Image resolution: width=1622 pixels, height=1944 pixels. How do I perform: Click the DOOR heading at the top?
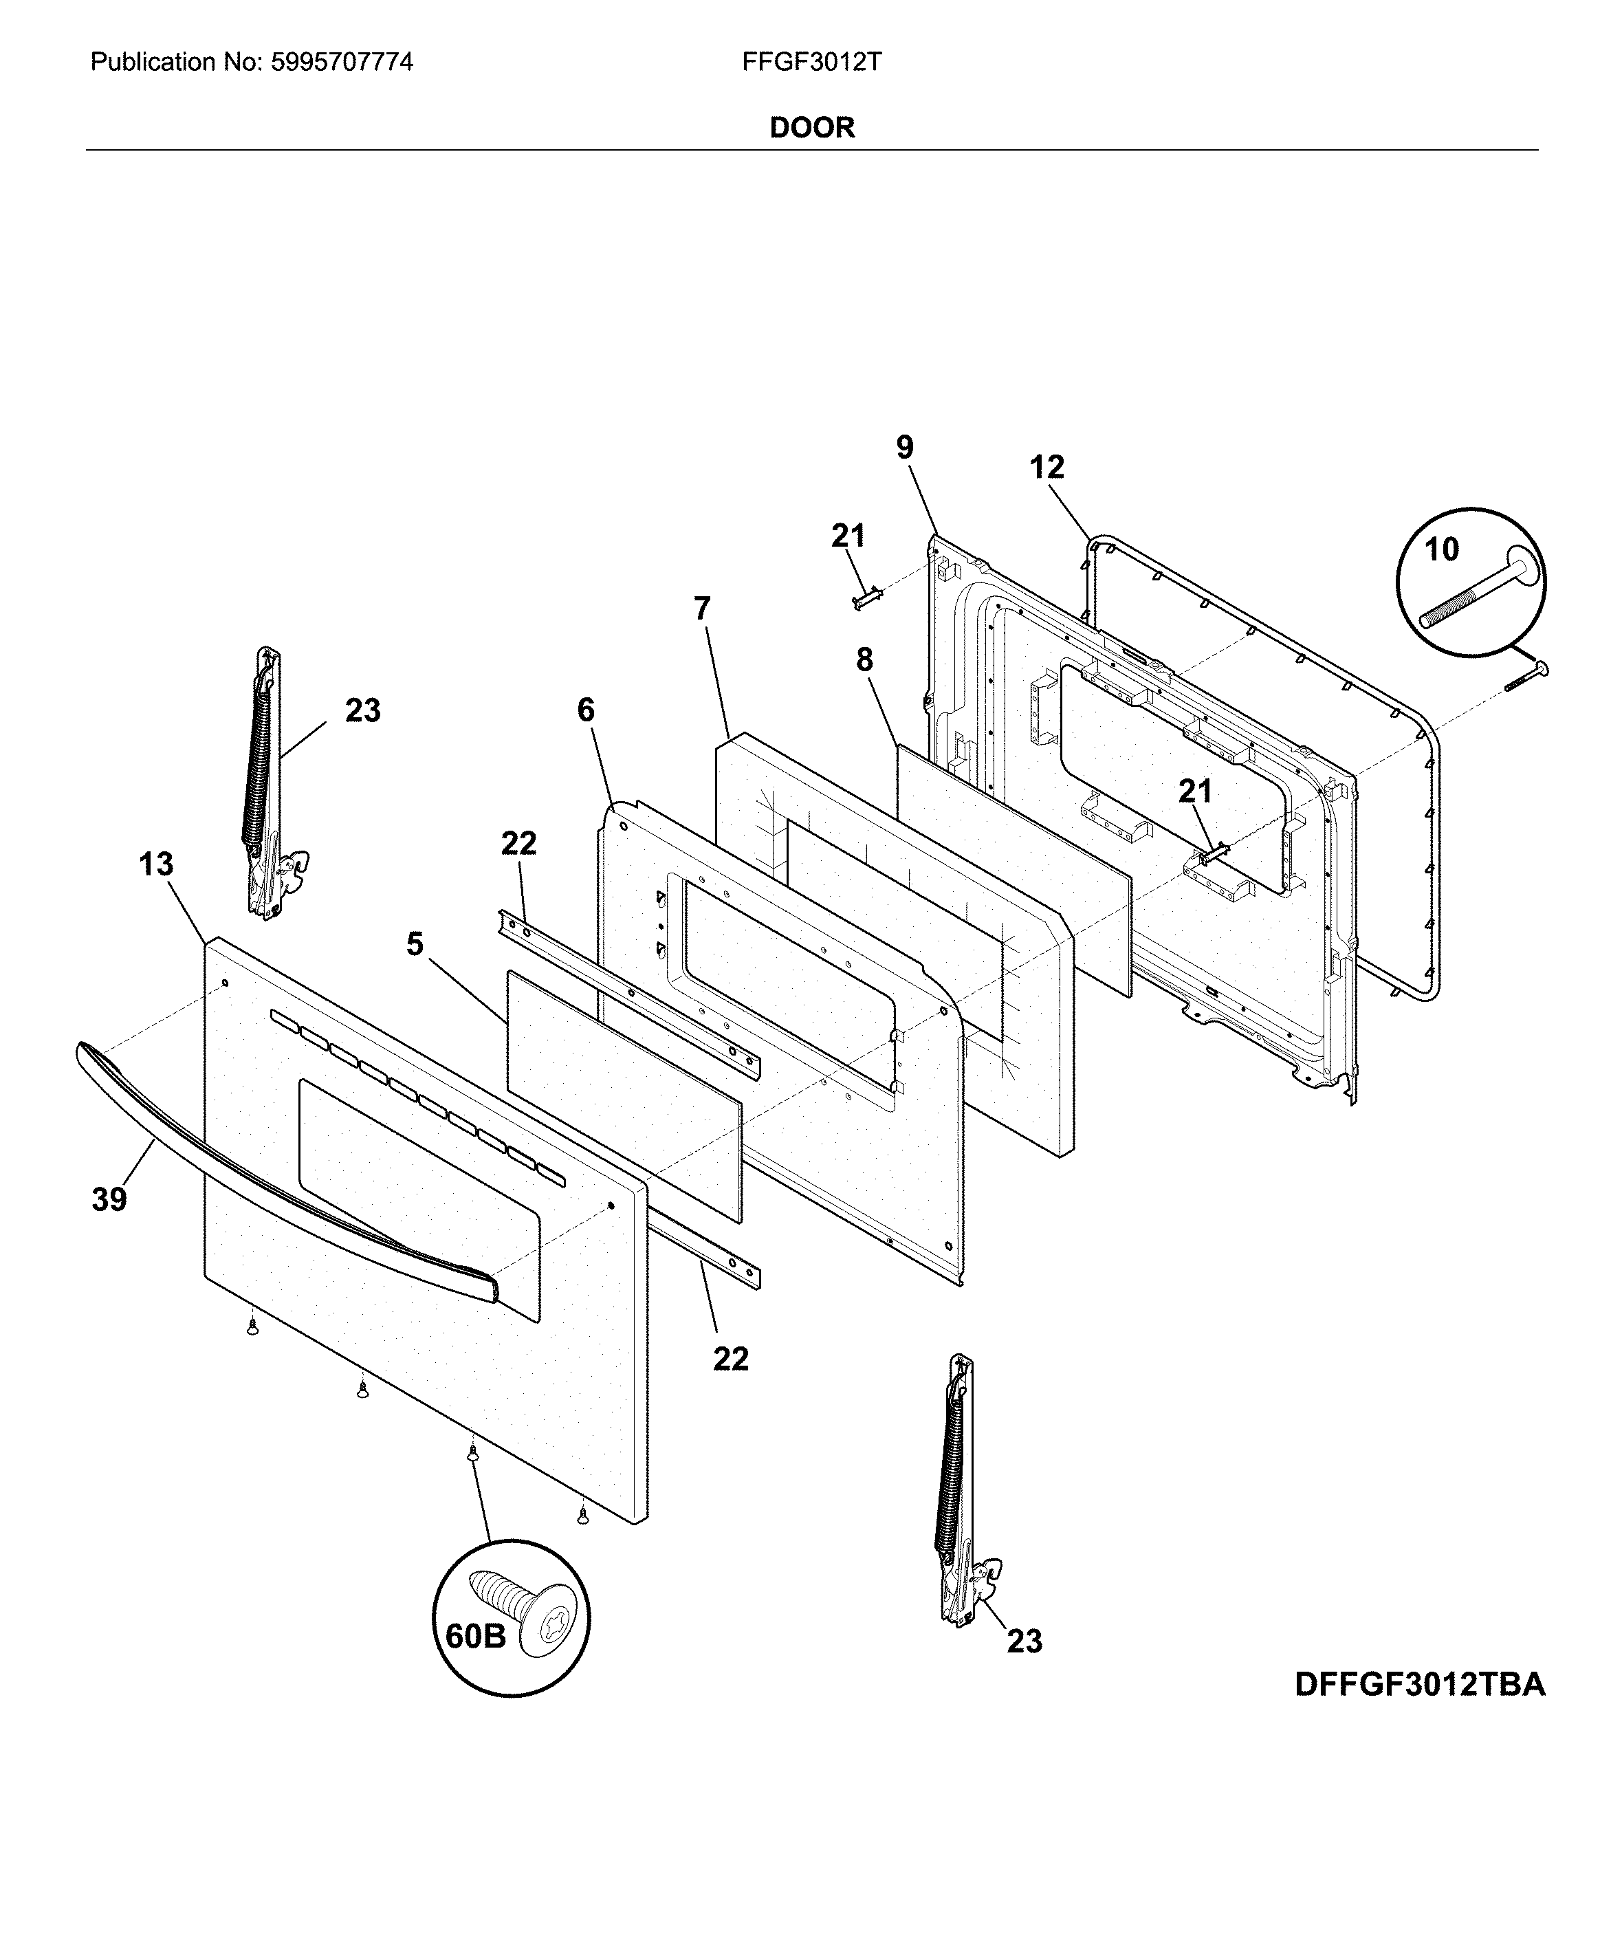point(811,128)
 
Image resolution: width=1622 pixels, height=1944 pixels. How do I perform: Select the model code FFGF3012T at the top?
point(811,62)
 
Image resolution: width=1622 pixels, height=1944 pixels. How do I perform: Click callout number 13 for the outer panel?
point(155,864)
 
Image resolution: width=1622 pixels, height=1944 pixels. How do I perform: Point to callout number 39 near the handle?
point(109,1200)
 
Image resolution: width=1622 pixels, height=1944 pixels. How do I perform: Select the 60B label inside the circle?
point(476,1636)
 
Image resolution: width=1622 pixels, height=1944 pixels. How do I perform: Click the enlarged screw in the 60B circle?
point(523,1613)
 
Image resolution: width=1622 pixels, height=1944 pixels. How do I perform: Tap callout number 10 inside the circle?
point(1441,550)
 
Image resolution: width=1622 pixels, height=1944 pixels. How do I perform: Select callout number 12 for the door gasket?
point(1047,468)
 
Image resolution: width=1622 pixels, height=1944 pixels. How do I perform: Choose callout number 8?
point(864,660)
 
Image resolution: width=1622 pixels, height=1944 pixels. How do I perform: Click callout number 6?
point(585,710)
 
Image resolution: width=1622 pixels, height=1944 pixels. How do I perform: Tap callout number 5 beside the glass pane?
point(414,944)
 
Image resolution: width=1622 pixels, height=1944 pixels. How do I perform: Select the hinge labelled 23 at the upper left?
point(265,787)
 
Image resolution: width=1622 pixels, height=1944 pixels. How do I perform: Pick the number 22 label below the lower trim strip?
point(730,1359)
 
